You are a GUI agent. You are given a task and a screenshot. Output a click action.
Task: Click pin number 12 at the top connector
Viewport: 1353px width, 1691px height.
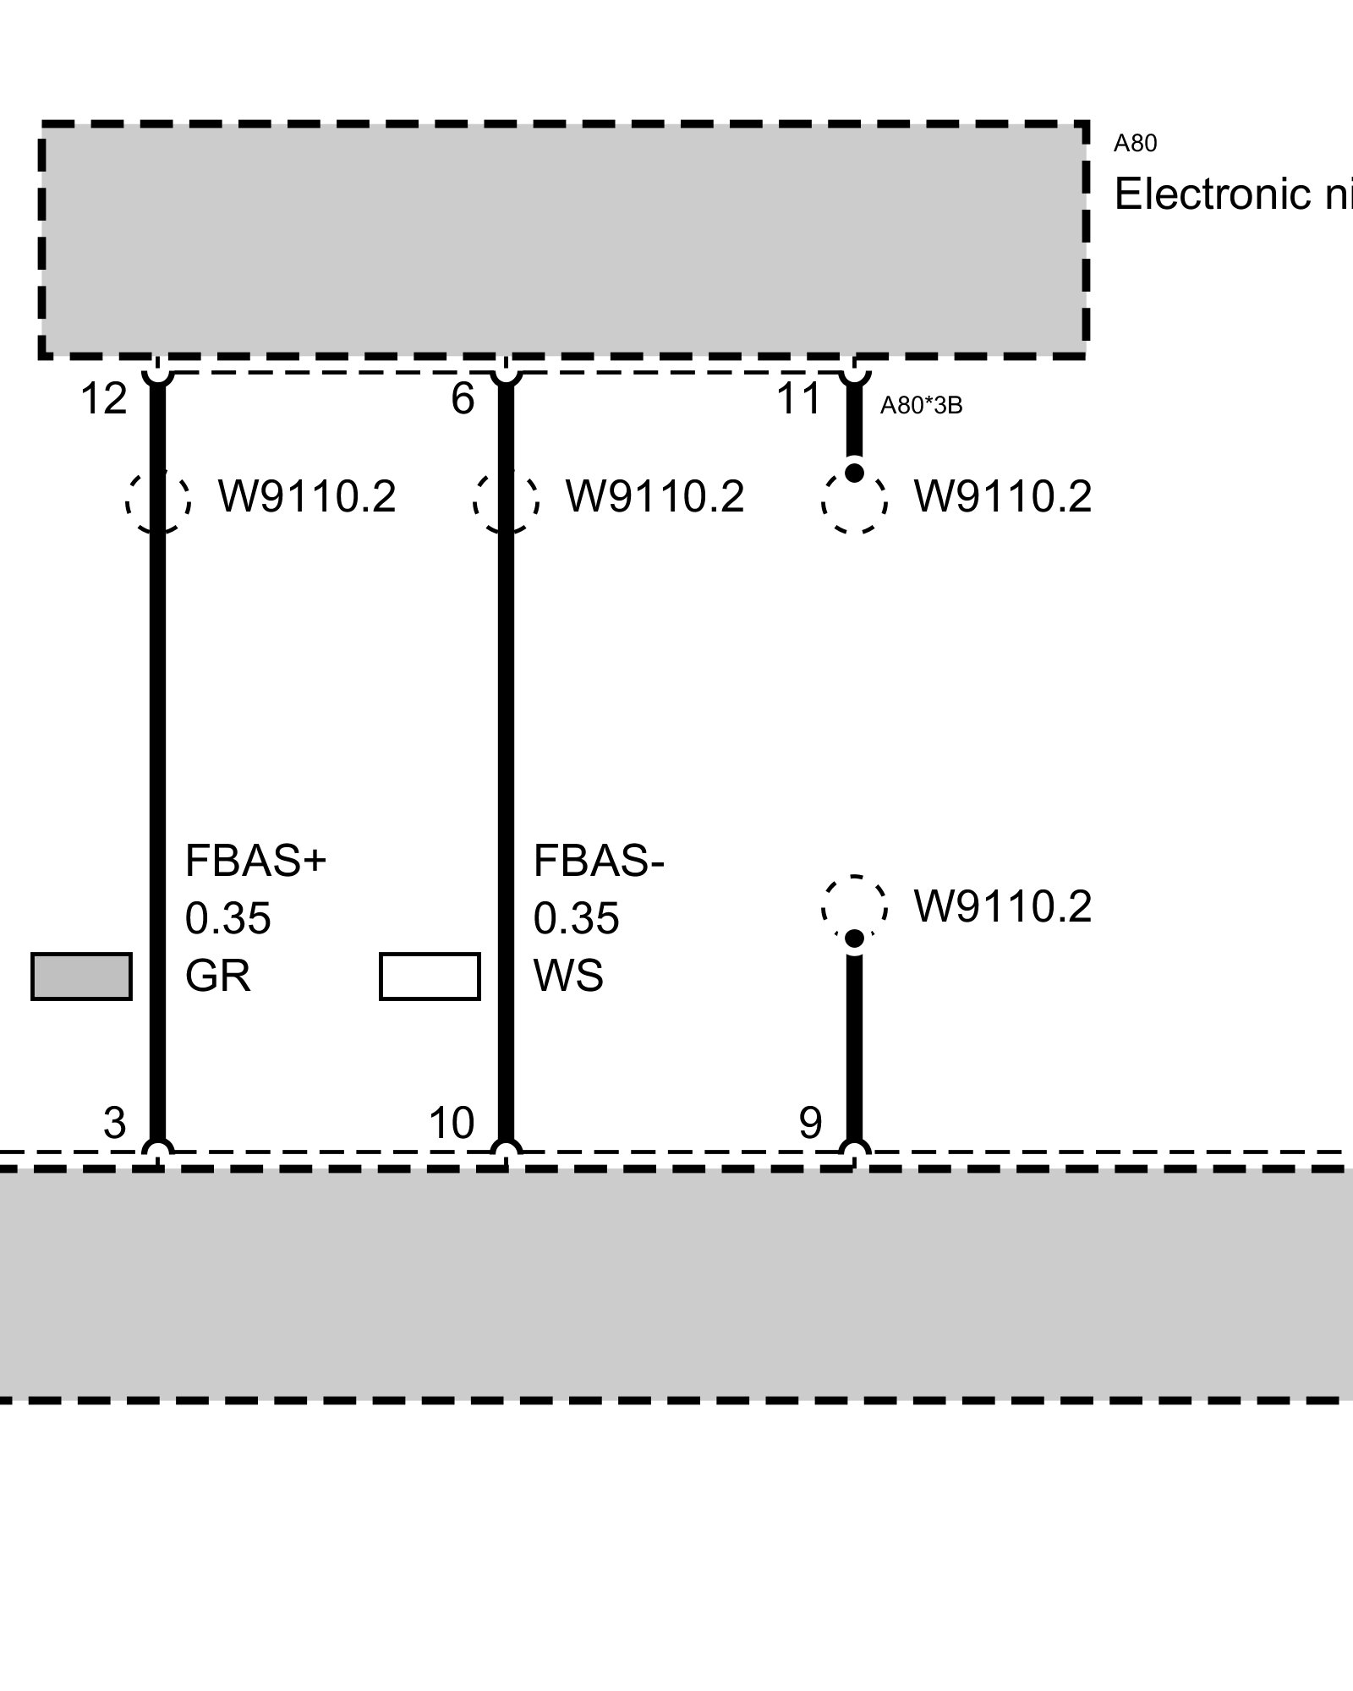point(103,399)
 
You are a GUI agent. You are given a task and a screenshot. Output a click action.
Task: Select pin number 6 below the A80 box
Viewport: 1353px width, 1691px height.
point(463,399)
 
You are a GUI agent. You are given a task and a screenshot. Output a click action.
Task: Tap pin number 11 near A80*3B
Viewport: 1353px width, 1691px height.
point(799,399)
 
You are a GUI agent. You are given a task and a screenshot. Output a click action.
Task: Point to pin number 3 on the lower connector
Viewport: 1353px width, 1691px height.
point(114,1123)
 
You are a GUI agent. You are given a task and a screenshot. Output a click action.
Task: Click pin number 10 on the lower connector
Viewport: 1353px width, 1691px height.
point(452,1123)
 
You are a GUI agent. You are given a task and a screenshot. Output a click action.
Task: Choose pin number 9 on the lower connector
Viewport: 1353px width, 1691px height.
point(810,1123)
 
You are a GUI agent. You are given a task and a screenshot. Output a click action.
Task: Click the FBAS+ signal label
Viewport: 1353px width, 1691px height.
point(255,862)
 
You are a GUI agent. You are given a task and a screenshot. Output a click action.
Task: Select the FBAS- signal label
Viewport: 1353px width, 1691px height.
point(599,862)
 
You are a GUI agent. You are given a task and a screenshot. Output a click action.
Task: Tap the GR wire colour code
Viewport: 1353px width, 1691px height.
point(217,976)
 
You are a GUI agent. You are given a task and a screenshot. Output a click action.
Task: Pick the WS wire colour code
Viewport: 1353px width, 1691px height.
point(568,976)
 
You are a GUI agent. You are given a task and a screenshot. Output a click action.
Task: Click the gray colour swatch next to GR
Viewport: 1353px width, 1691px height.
point(81,977)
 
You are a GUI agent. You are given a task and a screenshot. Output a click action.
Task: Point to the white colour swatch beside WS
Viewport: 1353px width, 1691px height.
point(430,977)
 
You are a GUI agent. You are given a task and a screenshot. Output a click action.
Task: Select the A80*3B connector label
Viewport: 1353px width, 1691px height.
point(921,406)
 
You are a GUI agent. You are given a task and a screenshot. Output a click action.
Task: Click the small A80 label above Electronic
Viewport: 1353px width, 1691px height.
point(1135,144)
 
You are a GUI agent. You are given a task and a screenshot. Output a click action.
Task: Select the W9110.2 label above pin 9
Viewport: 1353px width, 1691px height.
point(1003,906)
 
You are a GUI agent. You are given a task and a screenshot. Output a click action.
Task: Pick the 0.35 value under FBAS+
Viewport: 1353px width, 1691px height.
point(227,918)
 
